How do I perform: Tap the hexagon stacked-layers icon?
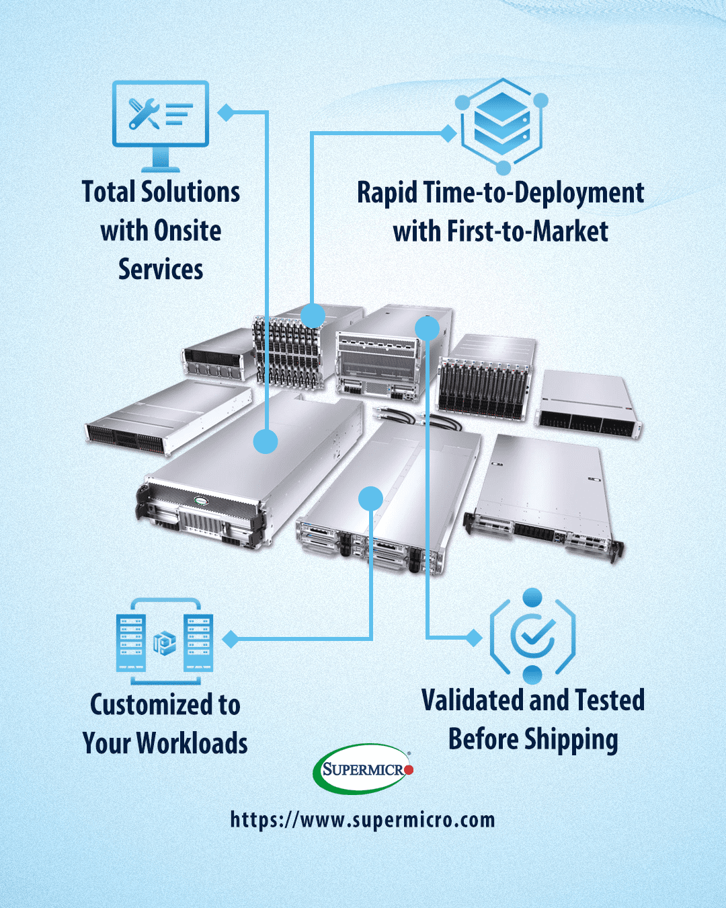502,124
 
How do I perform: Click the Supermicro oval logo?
362,769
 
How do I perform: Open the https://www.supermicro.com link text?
362,819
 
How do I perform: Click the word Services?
161,270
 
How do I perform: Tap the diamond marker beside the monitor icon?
226,112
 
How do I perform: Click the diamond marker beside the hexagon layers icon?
448,133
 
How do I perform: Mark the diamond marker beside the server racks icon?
231,639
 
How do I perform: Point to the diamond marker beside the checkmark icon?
475,638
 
